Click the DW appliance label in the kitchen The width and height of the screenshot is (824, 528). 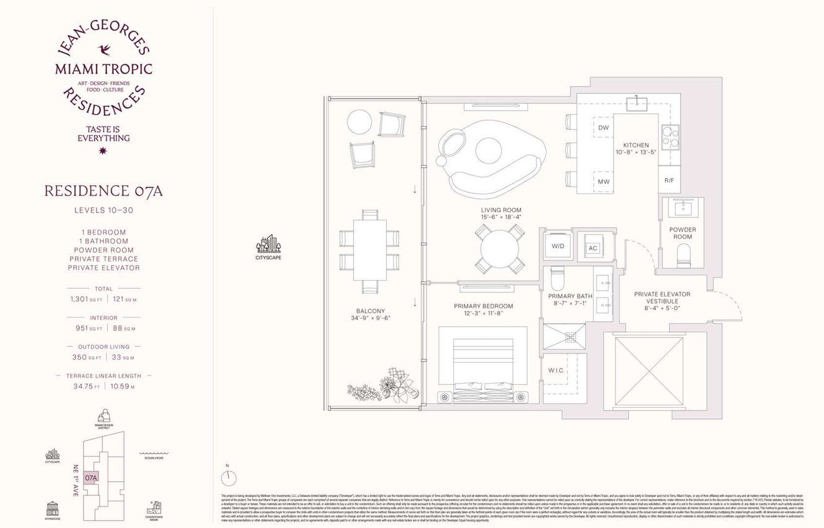603,128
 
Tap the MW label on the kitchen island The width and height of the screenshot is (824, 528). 603,181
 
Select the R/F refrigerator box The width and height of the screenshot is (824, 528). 669,181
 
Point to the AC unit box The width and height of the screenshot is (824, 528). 592,248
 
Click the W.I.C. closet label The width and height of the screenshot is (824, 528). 555,370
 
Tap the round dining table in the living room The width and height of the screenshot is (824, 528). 500,248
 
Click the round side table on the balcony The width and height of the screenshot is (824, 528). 358,121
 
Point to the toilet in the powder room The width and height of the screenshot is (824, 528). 683,253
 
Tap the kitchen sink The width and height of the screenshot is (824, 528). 636,103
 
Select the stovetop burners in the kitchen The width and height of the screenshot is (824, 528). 669,137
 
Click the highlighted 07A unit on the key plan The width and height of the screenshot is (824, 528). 91,477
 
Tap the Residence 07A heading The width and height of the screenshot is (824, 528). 103,191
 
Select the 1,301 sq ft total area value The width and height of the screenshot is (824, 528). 86,299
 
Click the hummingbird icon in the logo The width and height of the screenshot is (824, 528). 103,50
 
